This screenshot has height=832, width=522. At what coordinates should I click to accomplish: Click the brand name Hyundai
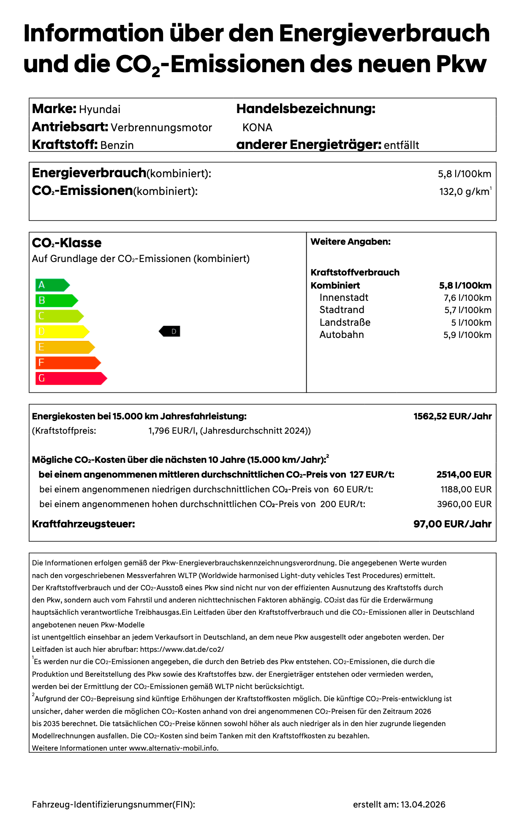click(x=100, y=110)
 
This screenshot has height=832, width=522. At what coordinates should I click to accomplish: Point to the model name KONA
click(x=257, y=127)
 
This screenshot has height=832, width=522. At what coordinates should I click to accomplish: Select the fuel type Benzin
click(x=117, y=145)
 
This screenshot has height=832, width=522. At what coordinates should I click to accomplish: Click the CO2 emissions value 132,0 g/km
click(x=464, y=192)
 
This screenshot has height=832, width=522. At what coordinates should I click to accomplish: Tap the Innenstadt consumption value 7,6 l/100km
click(x=468, y=298)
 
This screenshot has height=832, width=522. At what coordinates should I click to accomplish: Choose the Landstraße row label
click(x=345, y=323)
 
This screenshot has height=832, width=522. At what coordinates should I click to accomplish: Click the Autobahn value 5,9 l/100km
click(x=467, y=335)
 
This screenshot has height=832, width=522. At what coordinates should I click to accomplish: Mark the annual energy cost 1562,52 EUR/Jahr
click(x=452, y=416)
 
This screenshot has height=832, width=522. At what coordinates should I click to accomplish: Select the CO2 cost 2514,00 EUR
click(x=464, y=475)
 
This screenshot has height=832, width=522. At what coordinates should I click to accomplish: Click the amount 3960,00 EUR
click(x=464, y=504)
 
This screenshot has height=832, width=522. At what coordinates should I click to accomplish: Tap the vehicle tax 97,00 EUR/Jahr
click(x=452, y=524)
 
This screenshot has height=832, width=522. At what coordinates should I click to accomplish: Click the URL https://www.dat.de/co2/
click(x=182, y=649)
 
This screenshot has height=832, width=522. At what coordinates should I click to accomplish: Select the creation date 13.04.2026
click(x=423, y=805)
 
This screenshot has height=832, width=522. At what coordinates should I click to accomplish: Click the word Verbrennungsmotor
click(x=161, y=127)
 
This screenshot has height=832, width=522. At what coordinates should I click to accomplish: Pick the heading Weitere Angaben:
click(x=351, y=242)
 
